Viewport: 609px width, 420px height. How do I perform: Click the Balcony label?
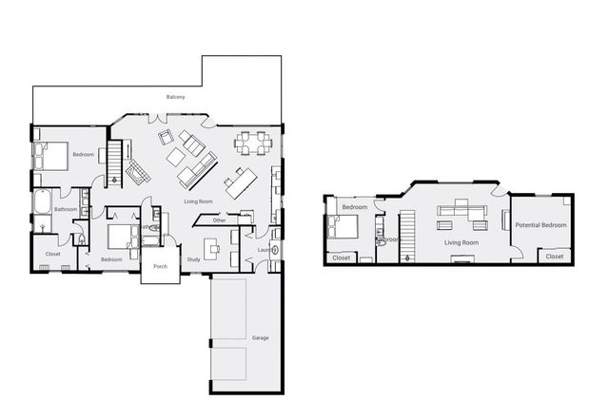(x=175, y=98)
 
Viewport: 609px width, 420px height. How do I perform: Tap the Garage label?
(x=260, y=337)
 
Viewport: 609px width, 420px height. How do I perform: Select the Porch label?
(x=160, y=267)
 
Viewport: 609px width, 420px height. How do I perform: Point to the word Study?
(x=193, y=259)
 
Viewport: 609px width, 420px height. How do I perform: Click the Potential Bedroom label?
(x=540, y=225)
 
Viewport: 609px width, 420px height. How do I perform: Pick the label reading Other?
(x=219, y=220)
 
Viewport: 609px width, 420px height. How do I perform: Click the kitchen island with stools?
(x=240, y=181)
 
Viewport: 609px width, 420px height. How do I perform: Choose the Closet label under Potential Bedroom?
(x=554, y=257)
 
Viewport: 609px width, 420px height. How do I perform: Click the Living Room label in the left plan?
(x=198, y=202)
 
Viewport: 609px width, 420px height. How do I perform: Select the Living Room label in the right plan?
(x=462, y=242)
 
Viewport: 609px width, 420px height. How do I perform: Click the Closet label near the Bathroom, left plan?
(x=53, y=254)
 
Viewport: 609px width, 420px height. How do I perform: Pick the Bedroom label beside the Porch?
(x=111, y=259)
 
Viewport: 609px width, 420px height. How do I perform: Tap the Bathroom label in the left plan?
(x=66, y=209)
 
